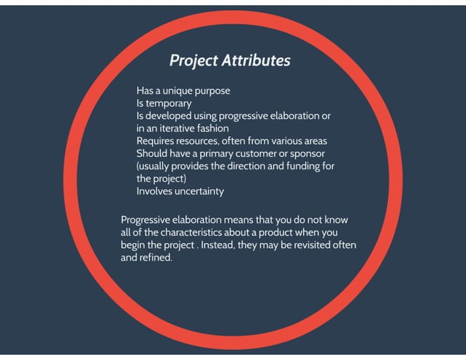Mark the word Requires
coord(157,141)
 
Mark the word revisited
coord(303,245)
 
